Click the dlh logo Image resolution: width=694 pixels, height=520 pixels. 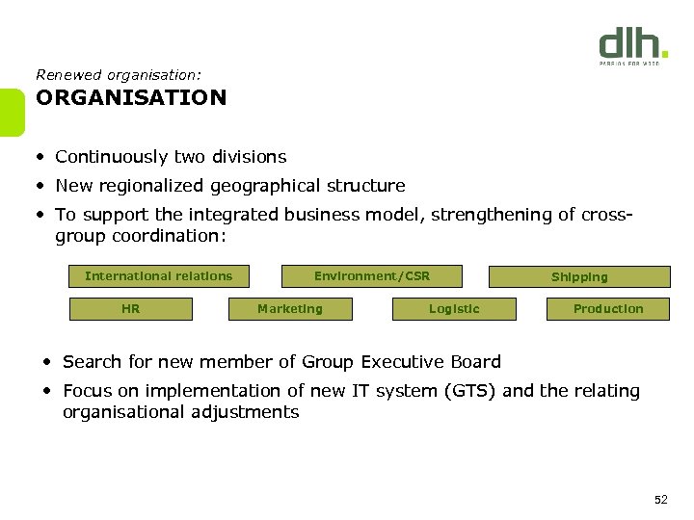pos(632,45)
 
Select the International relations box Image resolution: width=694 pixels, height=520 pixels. pos(158,276)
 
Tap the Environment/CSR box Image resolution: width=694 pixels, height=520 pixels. pos(371,276)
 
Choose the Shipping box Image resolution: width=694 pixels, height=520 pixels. pos(579,277)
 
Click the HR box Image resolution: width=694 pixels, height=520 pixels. pos(131,309)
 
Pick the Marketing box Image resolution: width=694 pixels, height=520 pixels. pos(290,309)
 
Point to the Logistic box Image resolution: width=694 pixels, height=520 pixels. pos(454,309)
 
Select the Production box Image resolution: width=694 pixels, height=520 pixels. pos(607,309)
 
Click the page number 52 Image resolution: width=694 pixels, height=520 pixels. pos(660,499)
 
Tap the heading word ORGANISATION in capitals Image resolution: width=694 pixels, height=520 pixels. pos(131,98)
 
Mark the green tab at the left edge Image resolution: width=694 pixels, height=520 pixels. pos(11,113)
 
